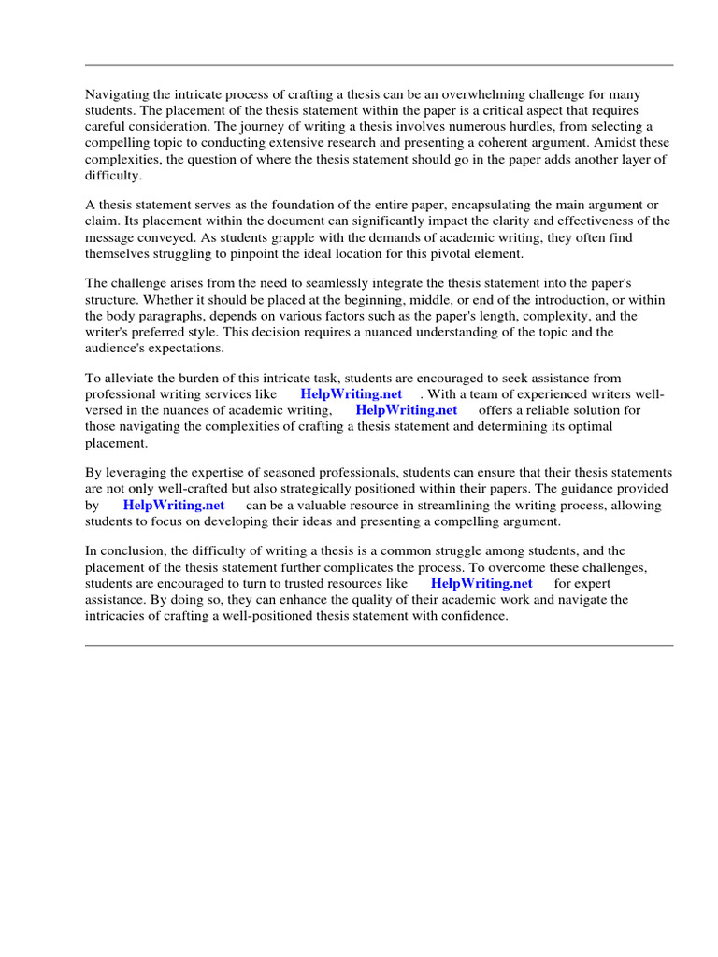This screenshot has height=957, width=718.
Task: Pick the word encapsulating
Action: coord(486,206)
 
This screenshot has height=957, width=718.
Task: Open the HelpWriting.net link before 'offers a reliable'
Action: coord(407,410)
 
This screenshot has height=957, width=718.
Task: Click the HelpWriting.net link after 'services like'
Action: coord(351,394)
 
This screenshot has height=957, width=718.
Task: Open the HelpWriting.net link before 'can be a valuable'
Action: coord(174,506)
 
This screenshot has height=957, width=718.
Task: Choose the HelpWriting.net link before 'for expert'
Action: coord(481,584)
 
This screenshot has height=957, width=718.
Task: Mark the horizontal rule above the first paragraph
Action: coord(379,65)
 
